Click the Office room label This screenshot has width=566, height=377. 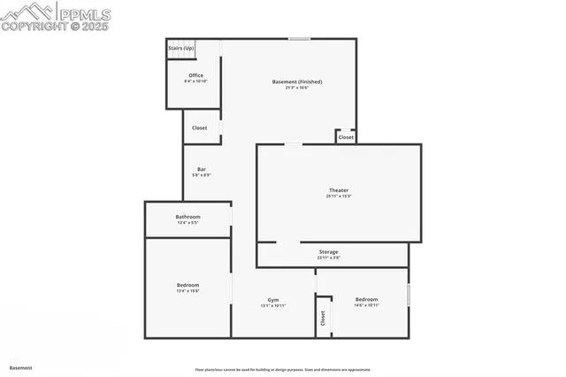point(196,75)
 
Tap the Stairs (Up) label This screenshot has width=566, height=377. point(181,48)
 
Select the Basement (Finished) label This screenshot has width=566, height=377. point(296,81)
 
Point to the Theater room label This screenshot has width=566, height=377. point(339,190)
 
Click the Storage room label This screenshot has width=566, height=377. point(328,252)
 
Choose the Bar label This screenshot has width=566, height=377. point(202,169)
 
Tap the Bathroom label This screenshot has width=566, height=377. point(187,217)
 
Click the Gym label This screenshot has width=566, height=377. point(273,300)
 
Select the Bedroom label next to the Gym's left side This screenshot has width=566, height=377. point(187,285)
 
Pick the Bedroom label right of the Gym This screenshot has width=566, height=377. point(366,299)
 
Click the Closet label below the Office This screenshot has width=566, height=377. point(200,127)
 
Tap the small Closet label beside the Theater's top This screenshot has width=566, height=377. point(346,137)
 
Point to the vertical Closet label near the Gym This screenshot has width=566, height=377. point(324,317)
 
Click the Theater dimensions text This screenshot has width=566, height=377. point(339,196)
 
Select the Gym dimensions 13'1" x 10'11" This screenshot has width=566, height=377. point(273,306)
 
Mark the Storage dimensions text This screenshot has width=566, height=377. point(328,258)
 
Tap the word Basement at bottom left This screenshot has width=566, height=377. point(20,367)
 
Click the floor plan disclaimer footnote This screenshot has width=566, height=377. point(283,369)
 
